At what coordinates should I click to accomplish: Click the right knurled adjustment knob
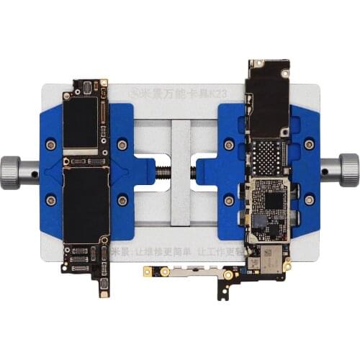350,169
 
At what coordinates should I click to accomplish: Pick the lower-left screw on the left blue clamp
50,199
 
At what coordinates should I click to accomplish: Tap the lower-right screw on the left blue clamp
122,199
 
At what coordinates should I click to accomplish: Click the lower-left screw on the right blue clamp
229,199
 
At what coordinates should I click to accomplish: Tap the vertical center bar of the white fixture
180,173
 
